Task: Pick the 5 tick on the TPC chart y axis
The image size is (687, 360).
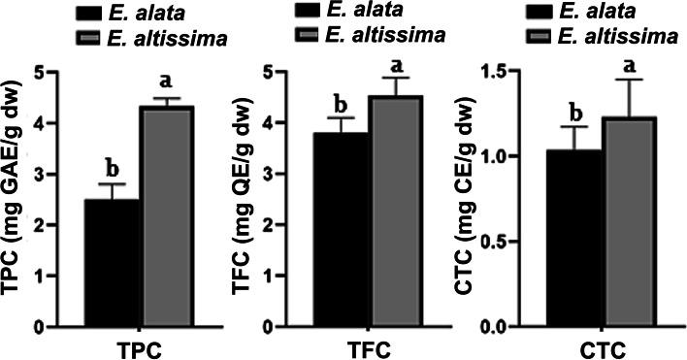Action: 38,71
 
